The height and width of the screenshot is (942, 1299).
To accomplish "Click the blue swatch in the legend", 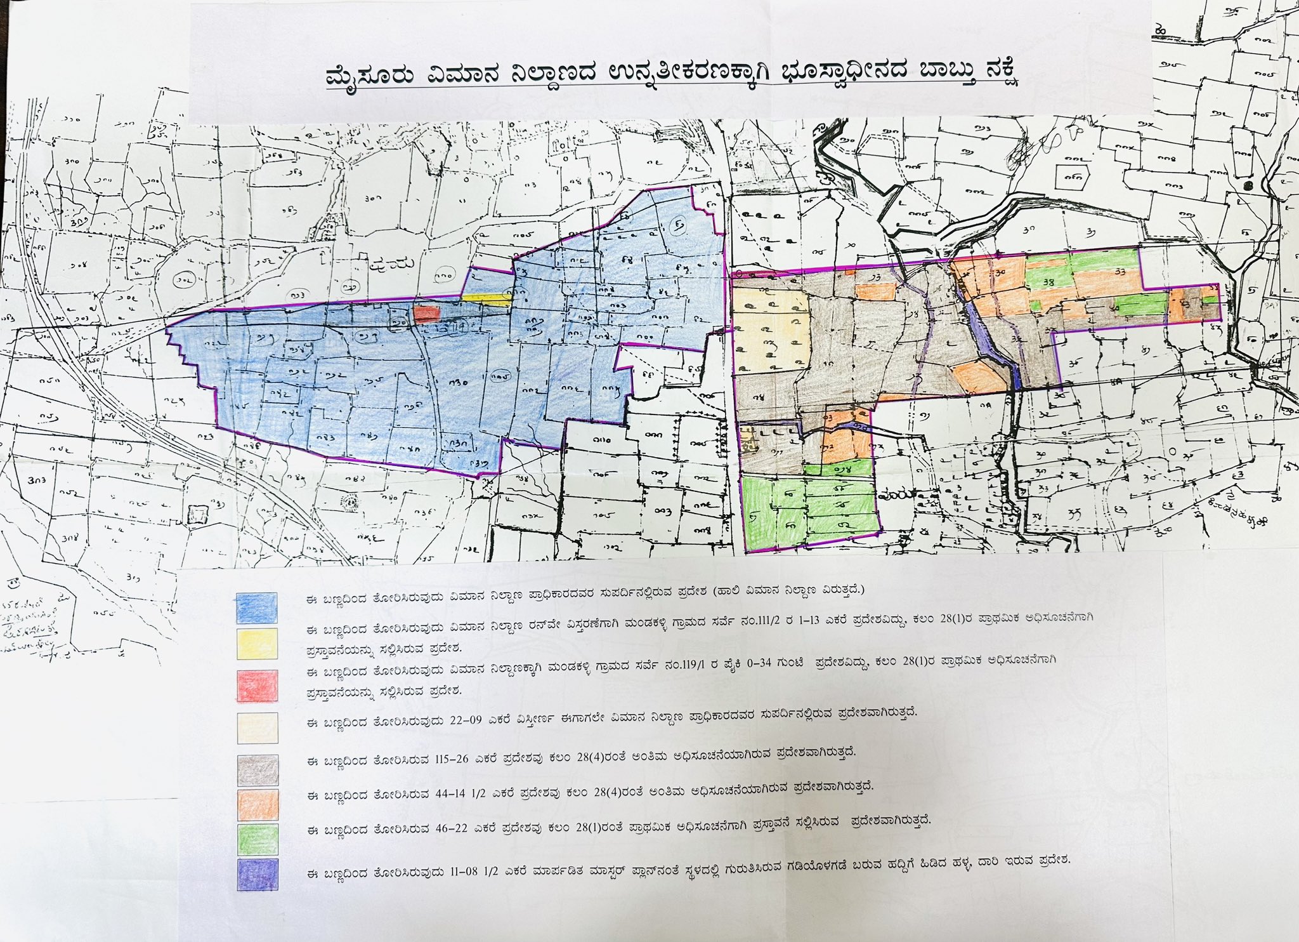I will [256, 607].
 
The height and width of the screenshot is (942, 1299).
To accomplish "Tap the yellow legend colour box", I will [256, 643].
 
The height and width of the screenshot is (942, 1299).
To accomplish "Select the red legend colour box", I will [257, 686].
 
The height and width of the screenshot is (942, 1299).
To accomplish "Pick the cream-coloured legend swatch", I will [257, 727].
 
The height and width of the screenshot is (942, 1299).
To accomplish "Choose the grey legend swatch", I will [257, 770].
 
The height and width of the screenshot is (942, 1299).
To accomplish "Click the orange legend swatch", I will [257, 804].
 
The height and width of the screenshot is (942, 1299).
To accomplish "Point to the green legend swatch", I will [257, 839].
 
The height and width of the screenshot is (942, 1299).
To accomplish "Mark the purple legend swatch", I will [257, 874].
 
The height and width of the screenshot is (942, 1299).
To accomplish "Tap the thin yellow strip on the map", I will [485, 296].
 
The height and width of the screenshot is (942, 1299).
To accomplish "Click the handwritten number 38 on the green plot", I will [1048, 282].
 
